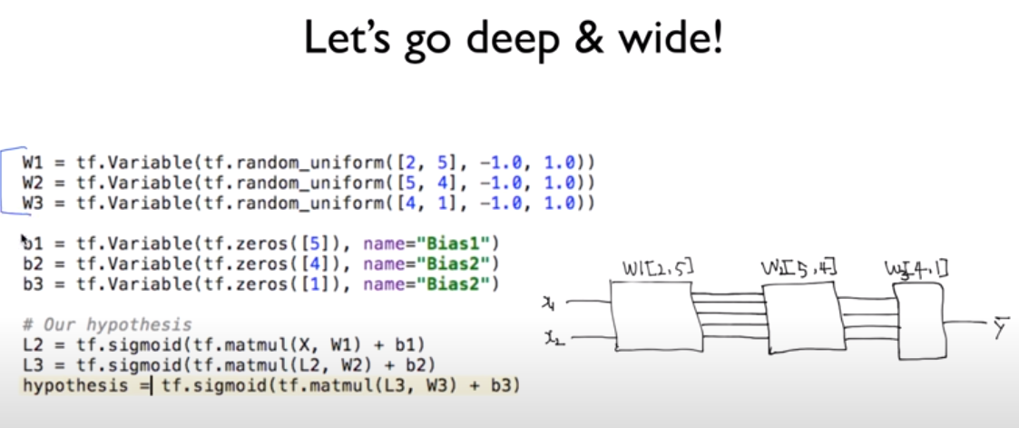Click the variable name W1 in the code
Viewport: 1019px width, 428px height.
34,163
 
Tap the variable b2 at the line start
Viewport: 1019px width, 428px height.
34,265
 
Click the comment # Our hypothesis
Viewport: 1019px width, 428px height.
107,324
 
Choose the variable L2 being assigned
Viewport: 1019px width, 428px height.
34,345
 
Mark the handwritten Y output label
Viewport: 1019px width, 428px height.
1000,331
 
